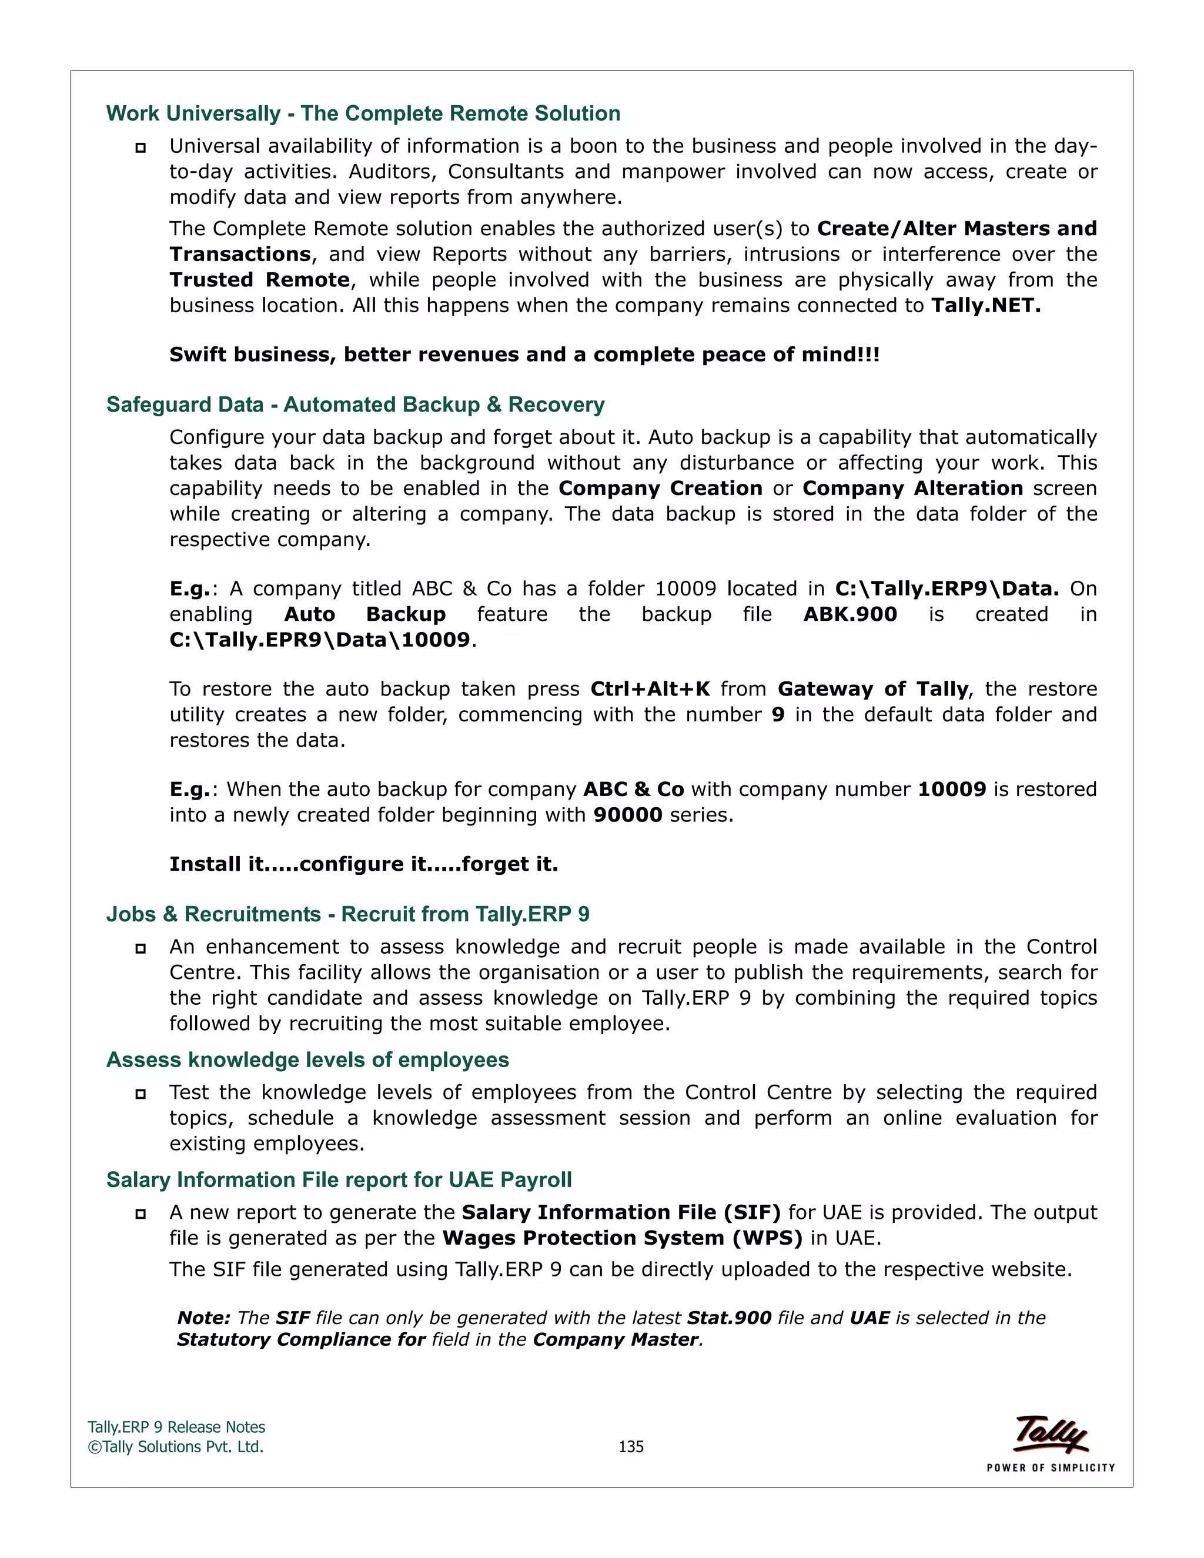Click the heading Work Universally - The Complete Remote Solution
pyautogui.click(x=363, y=113)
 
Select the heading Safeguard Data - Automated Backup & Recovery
pyautogui.click(x=355, y=404)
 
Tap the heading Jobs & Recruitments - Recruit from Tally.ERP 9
pyautogui.click(x=347, y=914)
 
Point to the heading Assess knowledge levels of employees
pyautogui.click(x=307, y=1059)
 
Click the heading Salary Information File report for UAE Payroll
pyautogui.click(x=339, y=1179)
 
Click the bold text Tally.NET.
pyautogui.click(x=986, y=305)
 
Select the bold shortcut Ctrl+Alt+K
pyautogui.click(x=650, y=688)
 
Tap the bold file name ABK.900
pyautogui.click(x=850, y=614)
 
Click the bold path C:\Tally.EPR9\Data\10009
pyautogui.click(x=320, y=639)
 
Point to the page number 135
pyautogui.click(x=631, y=1446)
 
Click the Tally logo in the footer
pyautogui.click(x=1051, y=1434)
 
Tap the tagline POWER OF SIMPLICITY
pyautogui.click(x=1050, y=1467)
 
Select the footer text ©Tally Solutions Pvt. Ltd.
pyautogui.click(x=175, y=1447)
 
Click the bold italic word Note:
pyautogui.click(x=203, y=1318)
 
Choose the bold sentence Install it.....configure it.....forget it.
pyautogui.click(x=363, y=864)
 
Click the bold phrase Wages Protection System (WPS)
pyautogui.click(x=622, y=1238)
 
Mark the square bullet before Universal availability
pyautogui.click(x=141, y=148)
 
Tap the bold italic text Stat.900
pyautogui.click(x=729, y=1318)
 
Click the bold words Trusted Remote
pyautogui.click(x=260, y=280)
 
